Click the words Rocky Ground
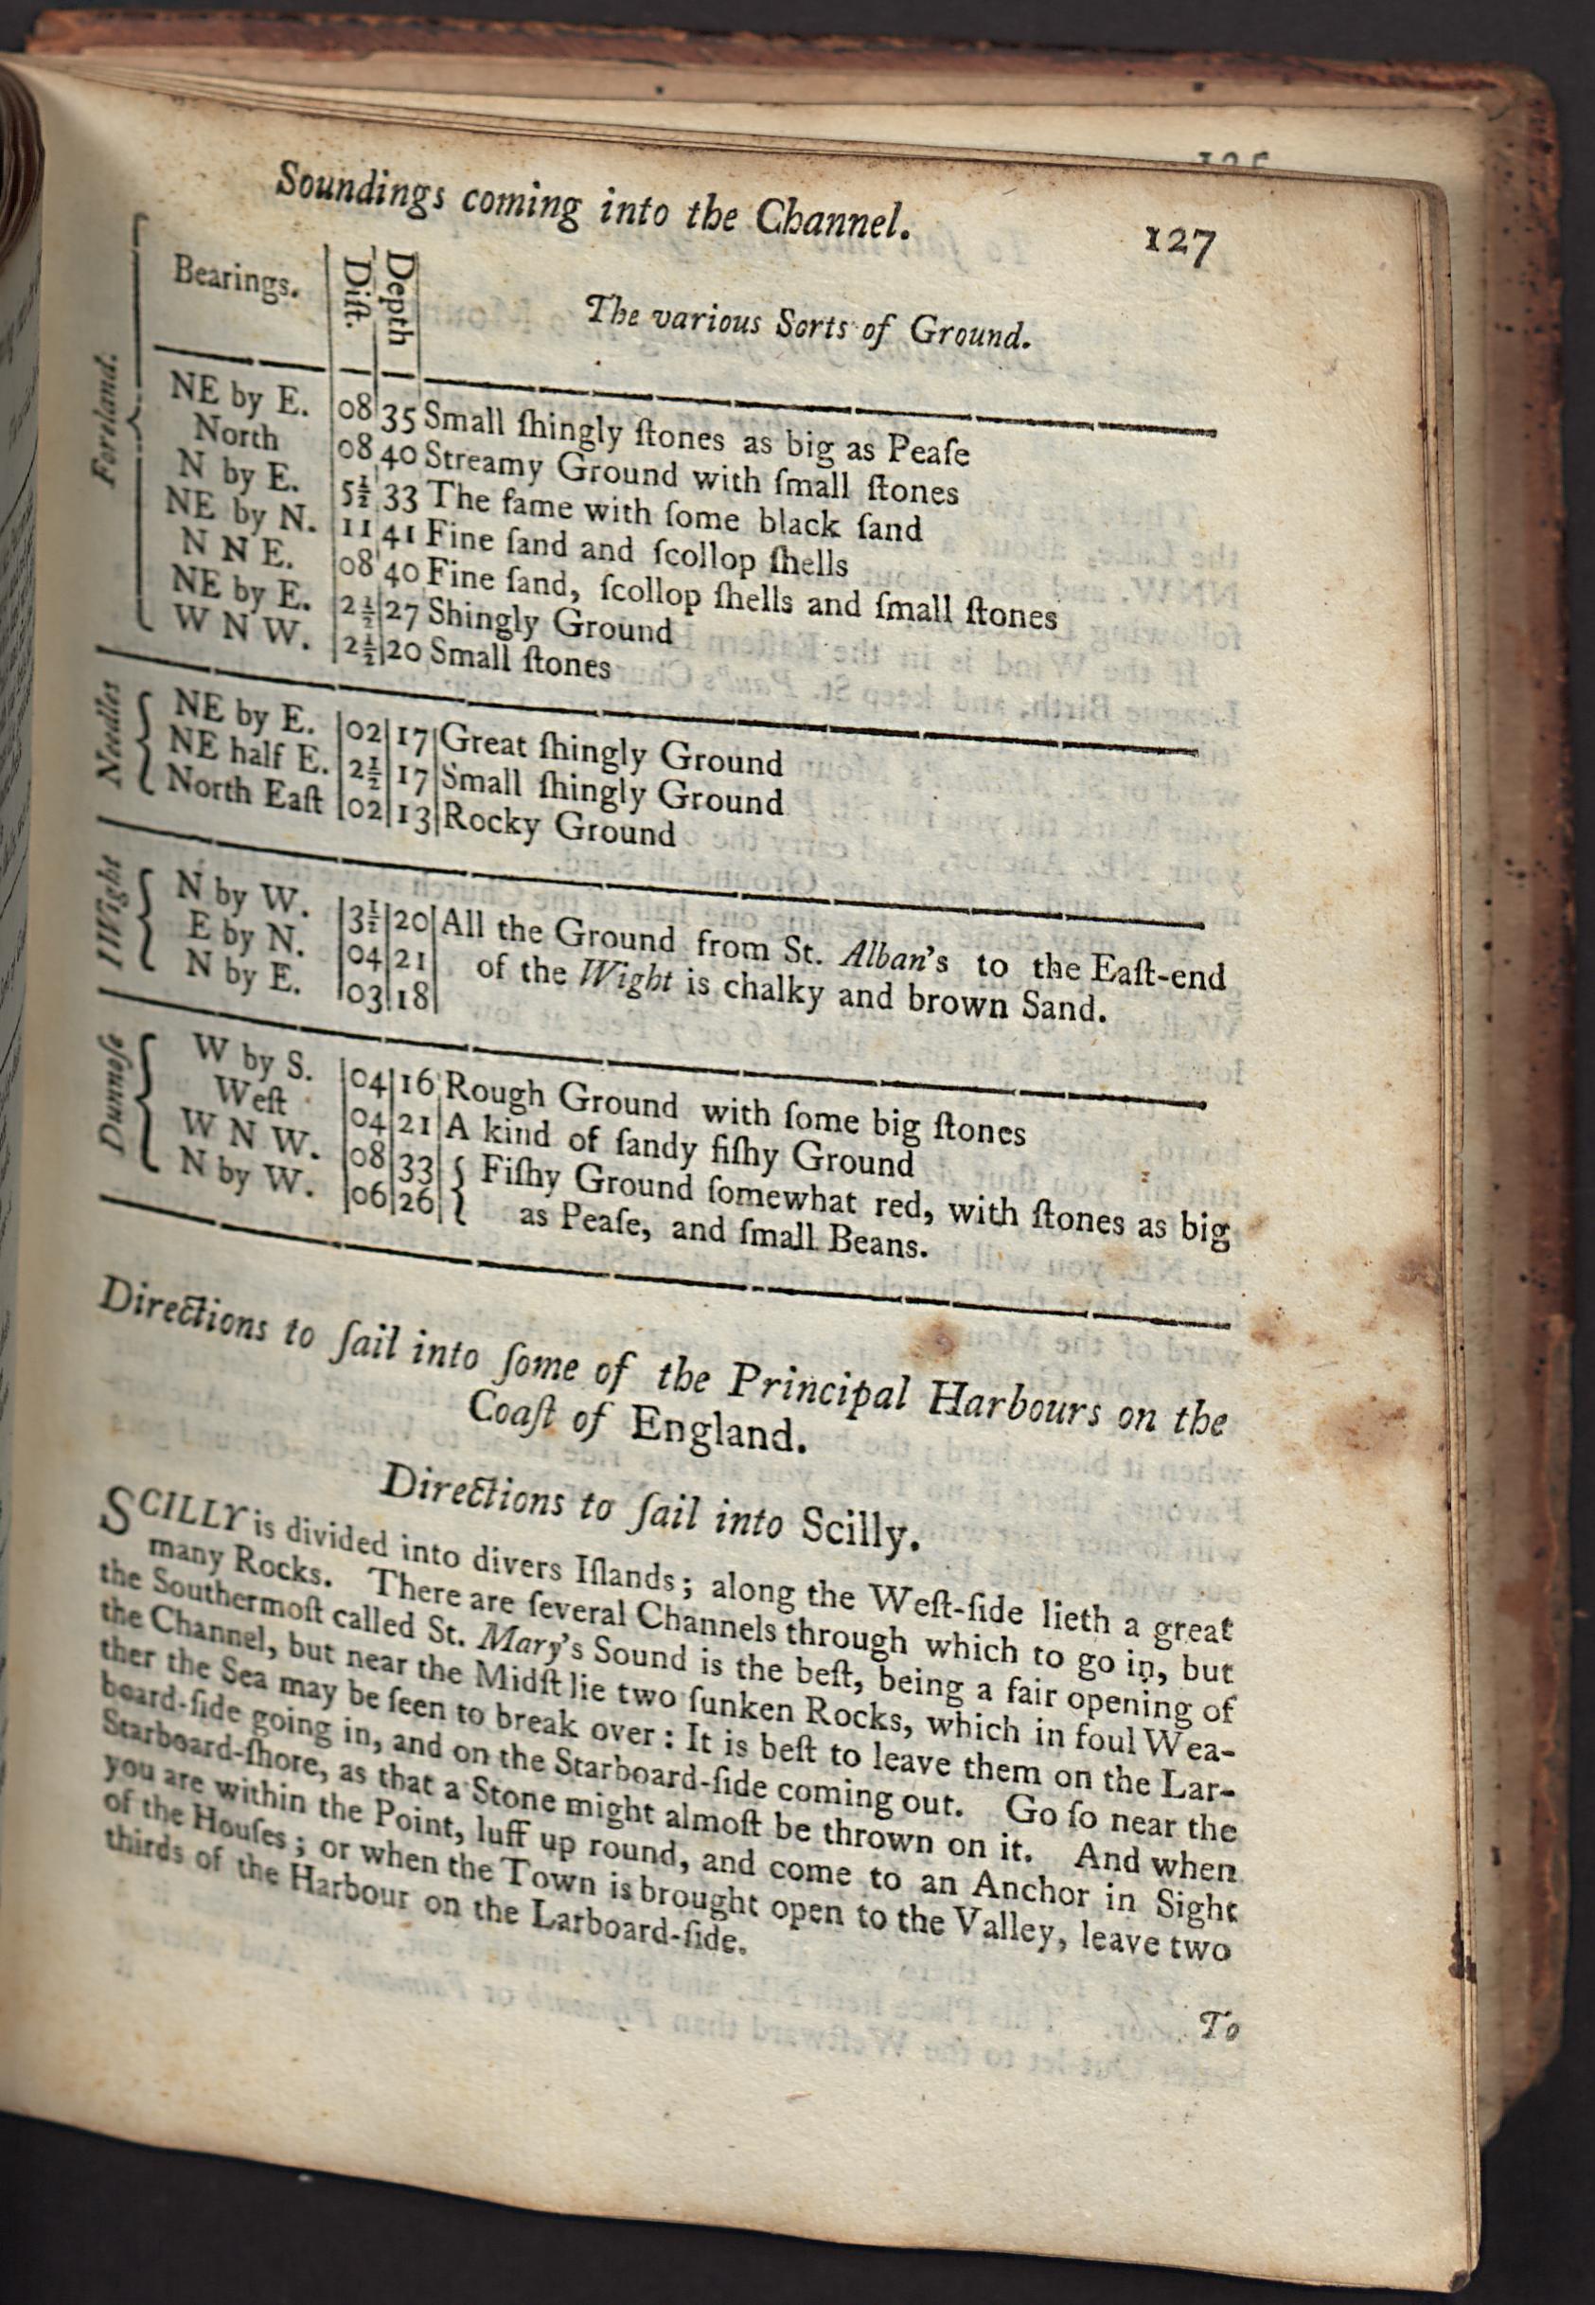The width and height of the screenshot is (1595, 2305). click(x=558, y=826)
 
